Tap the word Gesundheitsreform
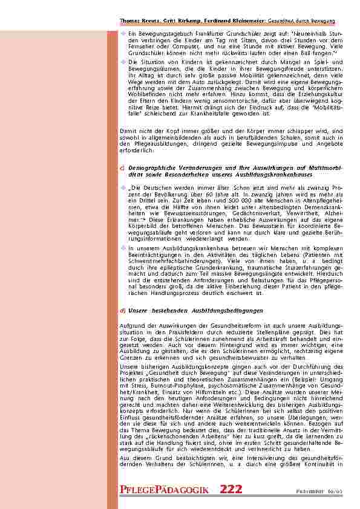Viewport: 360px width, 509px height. coord(220,326)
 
